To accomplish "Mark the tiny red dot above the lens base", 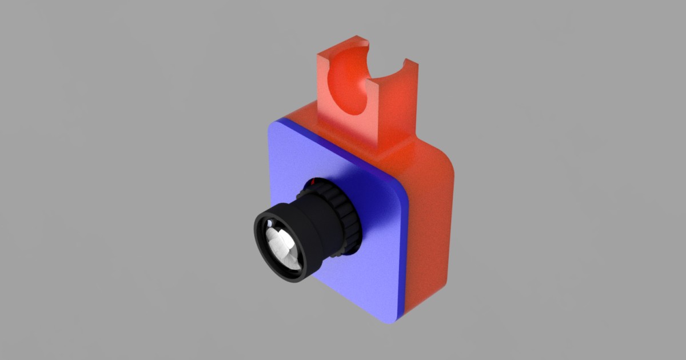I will [313, 182].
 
